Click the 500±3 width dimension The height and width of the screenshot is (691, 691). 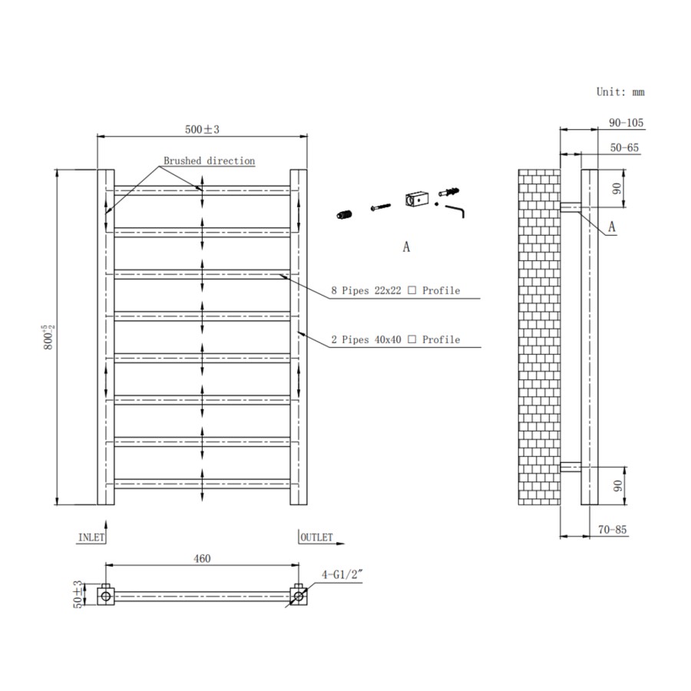pos(201,130)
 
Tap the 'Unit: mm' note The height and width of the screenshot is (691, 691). pos(620,91)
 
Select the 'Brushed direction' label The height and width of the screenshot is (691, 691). pos(208,161)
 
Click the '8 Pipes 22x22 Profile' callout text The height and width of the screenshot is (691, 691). pos(396,290)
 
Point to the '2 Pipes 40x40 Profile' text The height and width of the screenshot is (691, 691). pos(396,339)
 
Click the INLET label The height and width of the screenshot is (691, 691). pos(91,537)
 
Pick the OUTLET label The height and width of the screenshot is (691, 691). pos(316,537)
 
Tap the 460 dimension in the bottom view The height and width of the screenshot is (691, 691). pos(201,559)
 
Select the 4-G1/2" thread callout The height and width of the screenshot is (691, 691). pos(339,574)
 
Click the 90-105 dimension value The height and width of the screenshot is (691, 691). pos(626,123)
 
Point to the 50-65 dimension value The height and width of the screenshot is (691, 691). pos(624,147)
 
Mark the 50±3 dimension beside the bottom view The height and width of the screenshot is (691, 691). pos(77,595)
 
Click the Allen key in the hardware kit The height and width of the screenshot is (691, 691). pos(458,209)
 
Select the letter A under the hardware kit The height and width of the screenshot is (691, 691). pos(406,247)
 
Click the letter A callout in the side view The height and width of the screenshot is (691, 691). pos(612,226)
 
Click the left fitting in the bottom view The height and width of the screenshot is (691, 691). pos(106,595)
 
